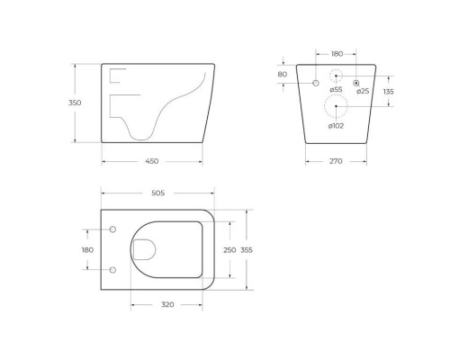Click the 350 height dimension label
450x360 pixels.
tap(75, 103)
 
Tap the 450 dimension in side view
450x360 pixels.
tap(152, 161)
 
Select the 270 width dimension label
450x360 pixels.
tap(336, 161)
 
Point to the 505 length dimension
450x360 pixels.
tap(158, 193)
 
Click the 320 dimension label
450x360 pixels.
tap(167, 304)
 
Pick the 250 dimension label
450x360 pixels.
tap(229, 249)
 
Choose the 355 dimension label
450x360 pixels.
tap(247, 249)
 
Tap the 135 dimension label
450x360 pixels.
tap(388, 91)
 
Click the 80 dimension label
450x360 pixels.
tap(283, 74)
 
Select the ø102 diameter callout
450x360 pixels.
tap(336, 126)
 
